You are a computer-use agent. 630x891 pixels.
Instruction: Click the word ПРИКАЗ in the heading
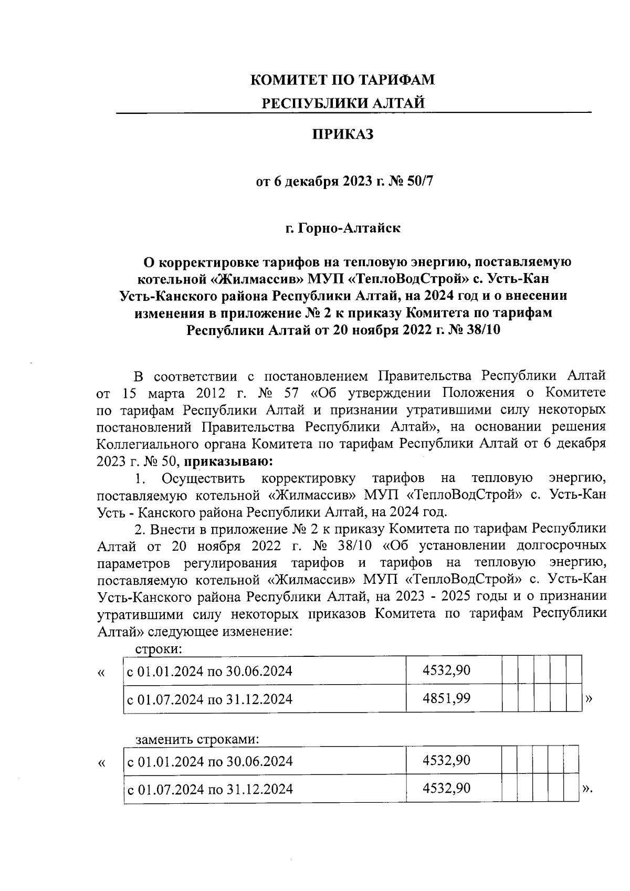tap(343, 135)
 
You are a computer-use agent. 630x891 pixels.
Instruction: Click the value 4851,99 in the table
tap(446, 698)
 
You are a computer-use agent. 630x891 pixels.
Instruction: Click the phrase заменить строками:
tap(197, 739)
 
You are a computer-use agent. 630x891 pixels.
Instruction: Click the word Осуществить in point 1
tap(203, 478)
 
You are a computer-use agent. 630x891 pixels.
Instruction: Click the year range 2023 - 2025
tap(445, 597)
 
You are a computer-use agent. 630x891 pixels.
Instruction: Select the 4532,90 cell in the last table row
tap(446, 788)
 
